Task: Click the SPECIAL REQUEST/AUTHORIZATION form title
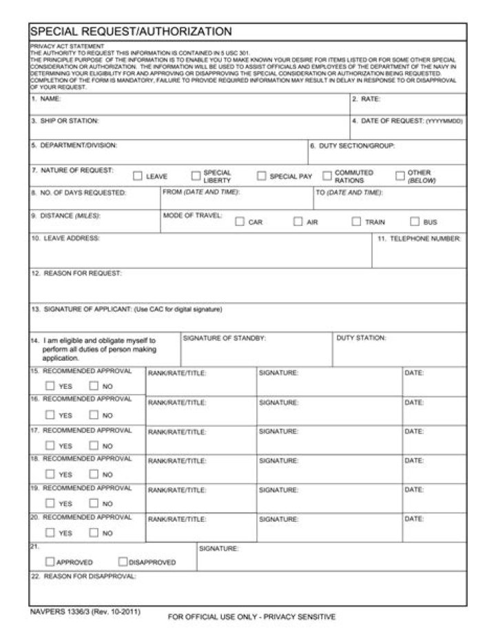point(131,32)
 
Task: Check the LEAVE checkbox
point(137,176)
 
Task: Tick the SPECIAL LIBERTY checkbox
point(196,176)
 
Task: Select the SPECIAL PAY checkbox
point(262,176)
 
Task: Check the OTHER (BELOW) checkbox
point(400,176)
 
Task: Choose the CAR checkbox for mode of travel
point(240,222)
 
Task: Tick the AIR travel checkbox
point(298,222)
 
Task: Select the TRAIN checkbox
point(356,222)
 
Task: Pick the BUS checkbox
point(415,222)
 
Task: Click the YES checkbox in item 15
point(50,386)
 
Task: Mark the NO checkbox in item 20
point(94,532)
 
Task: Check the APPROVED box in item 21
point(50,561)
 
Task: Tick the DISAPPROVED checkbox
point(123,561)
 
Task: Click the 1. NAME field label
point(46,99)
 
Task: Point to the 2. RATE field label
point(366,99)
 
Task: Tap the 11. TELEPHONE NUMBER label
point(420,238)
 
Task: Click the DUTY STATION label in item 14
point(361,338)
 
